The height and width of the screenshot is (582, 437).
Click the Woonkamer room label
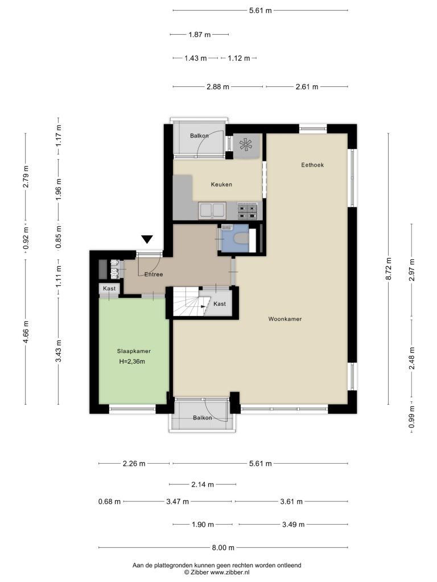[x=285, y=319]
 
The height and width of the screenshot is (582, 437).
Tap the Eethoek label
[x=312, y=165]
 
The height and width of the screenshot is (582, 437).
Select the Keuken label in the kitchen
[x=221, y=185]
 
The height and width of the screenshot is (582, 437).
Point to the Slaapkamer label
[x=134, y=351]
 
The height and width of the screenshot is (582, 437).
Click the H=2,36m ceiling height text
[x=132, y=361]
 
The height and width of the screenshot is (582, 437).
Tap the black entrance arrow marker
[x=147, y=239]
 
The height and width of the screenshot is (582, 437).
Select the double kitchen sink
[x=212, y=210]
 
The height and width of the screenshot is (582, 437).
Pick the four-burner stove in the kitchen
[x=248, y=211]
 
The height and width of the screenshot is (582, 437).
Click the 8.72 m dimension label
[x=389, y=268]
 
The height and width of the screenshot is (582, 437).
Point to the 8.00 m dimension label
[x=223, y=547]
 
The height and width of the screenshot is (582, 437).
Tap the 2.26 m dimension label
[x=134, y=464]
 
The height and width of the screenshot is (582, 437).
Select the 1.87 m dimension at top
[x=200, y=35]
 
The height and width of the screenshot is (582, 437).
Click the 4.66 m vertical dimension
[x=26, y=332]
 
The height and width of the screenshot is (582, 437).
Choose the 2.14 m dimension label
[x=203, y=484]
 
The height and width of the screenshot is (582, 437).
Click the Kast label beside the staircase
[x=220, y=304]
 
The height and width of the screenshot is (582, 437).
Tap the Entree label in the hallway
[x=154, y=275]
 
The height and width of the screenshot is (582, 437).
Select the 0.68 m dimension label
[x=110, y=502]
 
